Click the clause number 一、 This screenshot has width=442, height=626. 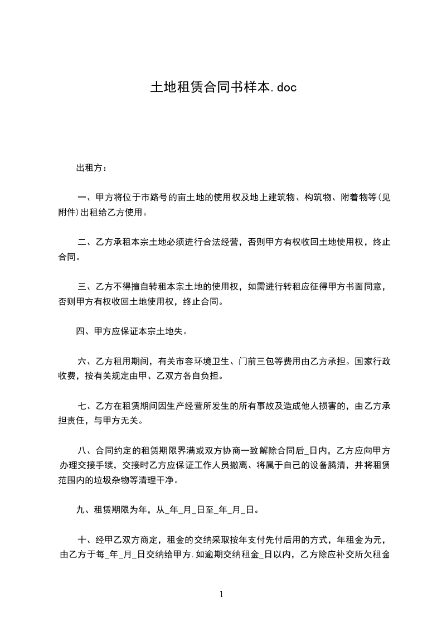tap(86, 198)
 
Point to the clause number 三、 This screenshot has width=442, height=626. tap(86, 287)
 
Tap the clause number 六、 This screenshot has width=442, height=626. tap(86, 361)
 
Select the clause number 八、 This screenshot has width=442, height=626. tap(86, 451)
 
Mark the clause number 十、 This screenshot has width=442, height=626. tap(86, 540)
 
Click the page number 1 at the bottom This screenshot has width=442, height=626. tap(221, 595)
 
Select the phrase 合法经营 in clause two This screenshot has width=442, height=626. tap(221, 242)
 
